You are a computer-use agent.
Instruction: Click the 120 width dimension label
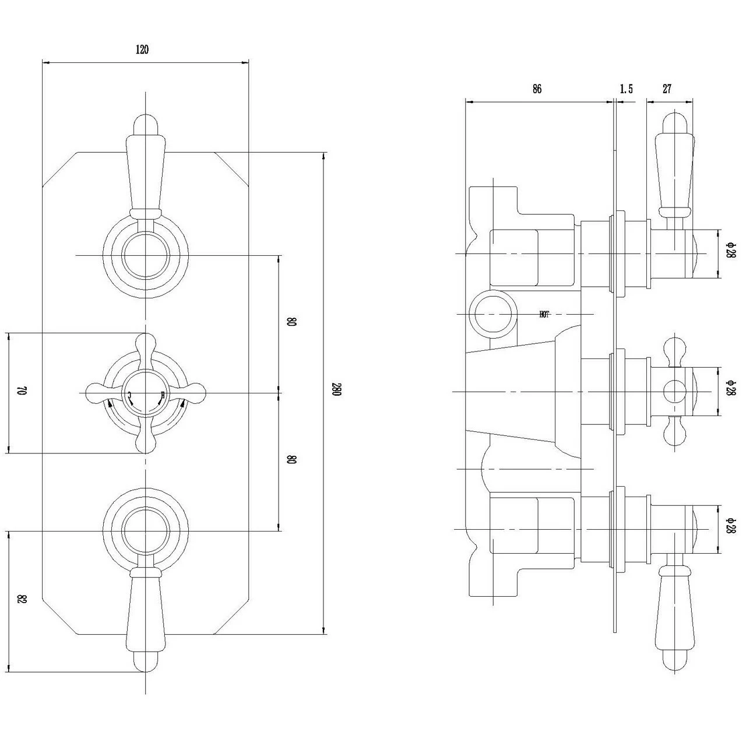point(142,50)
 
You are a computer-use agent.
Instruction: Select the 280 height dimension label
point(336,390)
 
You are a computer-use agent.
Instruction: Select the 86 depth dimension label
point(537,89)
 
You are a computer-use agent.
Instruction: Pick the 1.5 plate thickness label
point(626,89)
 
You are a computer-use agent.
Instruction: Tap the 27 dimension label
point(667,89)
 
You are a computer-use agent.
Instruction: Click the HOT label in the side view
point(544,314)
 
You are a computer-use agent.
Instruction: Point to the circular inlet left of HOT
point(493,313)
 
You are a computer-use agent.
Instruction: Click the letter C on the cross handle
point(130,396)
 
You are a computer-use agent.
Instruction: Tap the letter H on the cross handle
point(162,396)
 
